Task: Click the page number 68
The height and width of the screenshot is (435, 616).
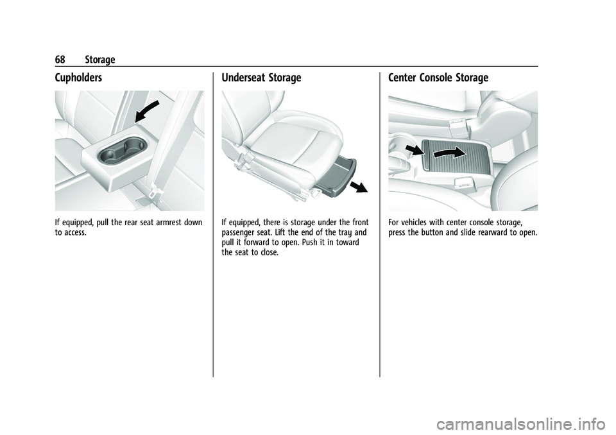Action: (x=60, y=60)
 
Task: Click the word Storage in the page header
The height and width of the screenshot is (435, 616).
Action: (x=100, y=60)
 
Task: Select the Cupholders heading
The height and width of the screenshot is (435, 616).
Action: (x=78, y=78)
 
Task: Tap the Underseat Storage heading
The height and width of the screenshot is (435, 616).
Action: (x=261, y=78)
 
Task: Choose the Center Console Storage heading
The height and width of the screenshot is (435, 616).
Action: (x=438, y=78)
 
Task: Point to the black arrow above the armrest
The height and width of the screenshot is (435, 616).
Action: (x=146, y=111)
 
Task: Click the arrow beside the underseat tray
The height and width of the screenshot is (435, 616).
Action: (x=358, y=187)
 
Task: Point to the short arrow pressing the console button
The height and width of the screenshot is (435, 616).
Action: (x=415, y=150)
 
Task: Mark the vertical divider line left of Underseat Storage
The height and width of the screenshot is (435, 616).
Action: (x=213, y=225)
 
